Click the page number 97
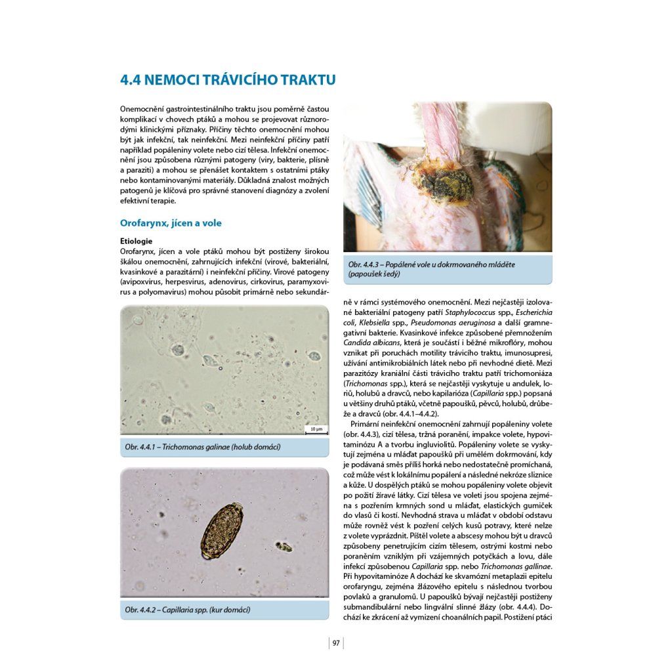(x=336, y=643)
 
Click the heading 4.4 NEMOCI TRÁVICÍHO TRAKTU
(x=228, y=80)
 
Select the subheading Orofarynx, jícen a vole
(x=171, y=223)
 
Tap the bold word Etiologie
(x=136, y=241)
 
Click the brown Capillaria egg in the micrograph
(x=222, y=530)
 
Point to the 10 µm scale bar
(x=316, y=429)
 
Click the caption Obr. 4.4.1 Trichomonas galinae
(x=202, y=447)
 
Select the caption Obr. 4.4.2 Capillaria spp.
(x=187, y=610)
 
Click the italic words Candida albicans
(x=374, y=343)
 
